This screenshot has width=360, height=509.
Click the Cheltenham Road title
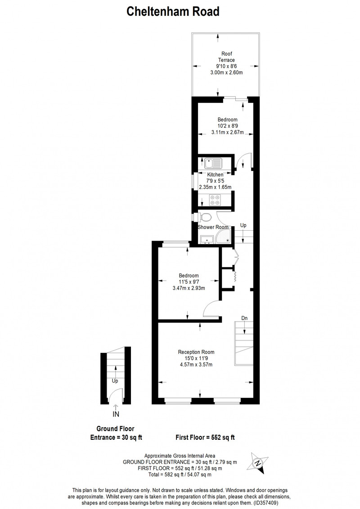click(173, 12)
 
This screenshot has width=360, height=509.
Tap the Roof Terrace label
click(226, 57)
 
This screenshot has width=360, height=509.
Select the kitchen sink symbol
click(213, 163)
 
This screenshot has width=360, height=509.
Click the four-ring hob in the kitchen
click(214, 200)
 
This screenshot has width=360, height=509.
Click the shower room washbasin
click(207, 240)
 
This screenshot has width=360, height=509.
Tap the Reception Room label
click(196, 352)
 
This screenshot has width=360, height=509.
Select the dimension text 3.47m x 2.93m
click(189, 288)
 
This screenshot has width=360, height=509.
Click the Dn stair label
click(244, 318)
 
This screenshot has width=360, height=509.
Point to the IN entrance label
click(116, 414)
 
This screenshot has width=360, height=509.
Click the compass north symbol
click(258, 463)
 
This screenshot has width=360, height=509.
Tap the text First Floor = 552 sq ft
click(205, 438)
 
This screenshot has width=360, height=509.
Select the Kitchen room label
click(215, 174)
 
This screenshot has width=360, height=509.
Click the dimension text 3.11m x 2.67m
click(227, 132)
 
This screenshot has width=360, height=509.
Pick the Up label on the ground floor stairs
click(115, 381)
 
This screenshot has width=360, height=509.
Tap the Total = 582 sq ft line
click(180, 474)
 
